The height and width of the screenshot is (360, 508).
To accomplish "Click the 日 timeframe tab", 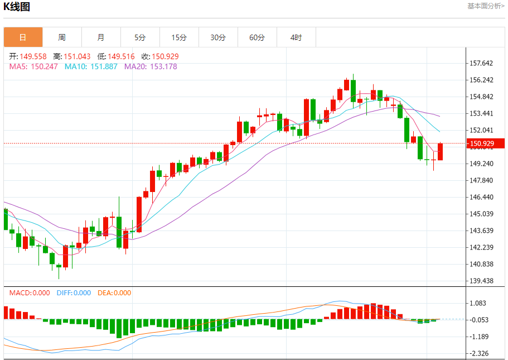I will click(x=23, y=37).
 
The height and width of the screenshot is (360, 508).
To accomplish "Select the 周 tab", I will click(x=62, y=37).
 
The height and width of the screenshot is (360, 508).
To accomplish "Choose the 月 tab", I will click(x=101, y=37).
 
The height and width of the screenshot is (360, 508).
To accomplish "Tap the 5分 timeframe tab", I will click(x=140, y=37).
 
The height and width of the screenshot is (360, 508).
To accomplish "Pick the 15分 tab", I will click(x=179, y=37).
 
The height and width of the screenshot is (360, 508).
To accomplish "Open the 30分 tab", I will click(x=218, y=37).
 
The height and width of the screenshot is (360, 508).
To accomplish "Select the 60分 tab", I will click(x=257, y=37).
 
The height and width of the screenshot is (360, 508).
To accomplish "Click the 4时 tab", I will click(x=296, y=37).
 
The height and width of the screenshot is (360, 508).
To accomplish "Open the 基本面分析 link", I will click(x=486, y=6).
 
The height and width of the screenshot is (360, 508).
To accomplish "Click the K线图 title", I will click(x=17, y=7).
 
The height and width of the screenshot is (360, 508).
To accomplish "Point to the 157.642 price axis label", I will click(x=482, y=63).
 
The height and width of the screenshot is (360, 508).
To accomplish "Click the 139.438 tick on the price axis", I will click(x=482, y=281).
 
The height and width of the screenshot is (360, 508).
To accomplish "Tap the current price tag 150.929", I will click(x=482, y=143).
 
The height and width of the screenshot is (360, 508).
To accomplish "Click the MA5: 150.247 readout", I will click(x=33, y=66).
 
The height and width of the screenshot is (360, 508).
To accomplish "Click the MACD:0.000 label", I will click(x=30, y=293).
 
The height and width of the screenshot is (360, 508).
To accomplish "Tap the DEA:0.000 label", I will click(x=114, y=293).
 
